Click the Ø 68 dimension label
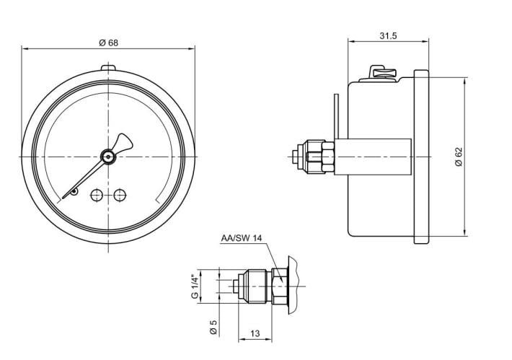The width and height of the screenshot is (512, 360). (x=108, y=43)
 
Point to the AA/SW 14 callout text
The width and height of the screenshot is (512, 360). (x=242, y=237)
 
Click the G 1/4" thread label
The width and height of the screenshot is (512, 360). (x=195, y=286)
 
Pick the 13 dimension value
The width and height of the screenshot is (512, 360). (x=255, y=333)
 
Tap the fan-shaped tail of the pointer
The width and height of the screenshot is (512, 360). (x=123, y=141)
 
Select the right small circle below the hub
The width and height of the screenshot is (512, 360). (x=120, y=194)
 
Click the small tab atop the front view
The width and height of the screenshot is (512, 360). (x=108, y=69)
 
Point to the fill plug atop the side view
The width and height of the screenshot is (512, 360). (x=381, y=73)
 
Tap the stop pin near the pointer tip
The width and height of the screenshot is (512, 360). (x=74, y=192)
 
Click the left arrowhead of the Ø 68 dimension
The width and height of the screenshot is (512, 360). (x=25, y=49)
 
